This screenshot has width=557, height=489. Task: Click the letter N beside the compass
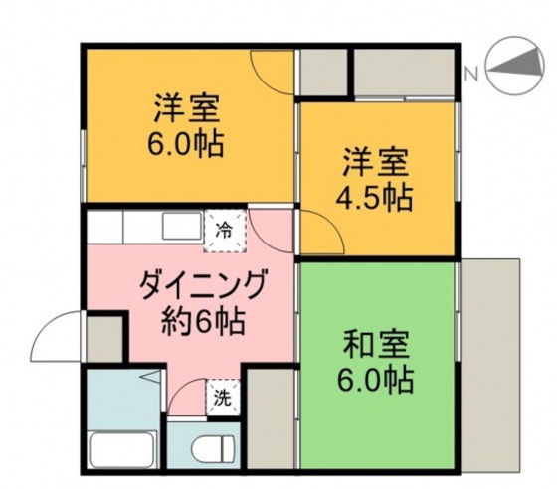click(472, 72)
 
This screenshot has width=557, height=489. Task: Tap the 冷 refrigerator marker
click(225, 231)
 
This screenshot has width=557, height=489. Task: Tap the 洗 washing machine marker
click(224, 397)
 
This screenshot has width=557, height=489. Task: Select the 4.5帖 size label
click(377, 195)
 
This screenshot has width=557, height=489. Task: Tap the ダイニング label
click(205, 288)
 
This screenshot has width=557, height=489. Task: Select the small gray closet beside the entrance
click(103, 339)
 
